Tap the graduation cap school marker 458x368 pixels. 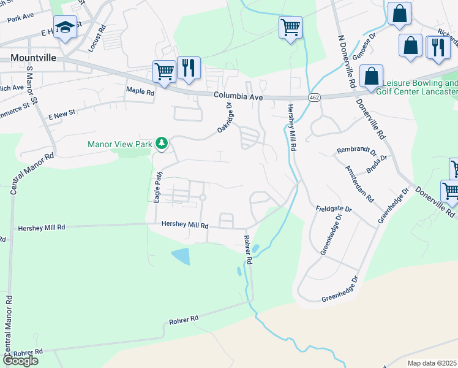tap(64, 28)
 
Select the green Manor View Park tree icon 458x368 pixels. tap(162, 143)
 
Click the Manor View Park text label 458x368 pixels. tap(121, 144)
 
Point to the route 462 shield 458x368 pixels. tap(314, 97)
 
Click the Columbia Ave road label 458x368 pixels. tap(238, 96)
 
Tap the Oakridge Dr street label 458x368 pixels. tap(226, 117)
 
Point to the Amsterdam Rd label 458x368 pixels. tap(359, 184)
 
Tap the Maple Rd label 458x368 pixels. tap(140, 90)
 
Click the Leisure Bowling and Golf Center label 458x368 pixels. tap(420, 87)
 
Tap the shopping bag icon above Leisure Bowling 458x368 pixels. tap(371, 77)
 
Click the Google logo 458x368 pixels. tap(20, 361)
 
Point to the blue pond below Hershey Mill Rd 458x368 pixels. tap(181, 256)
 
